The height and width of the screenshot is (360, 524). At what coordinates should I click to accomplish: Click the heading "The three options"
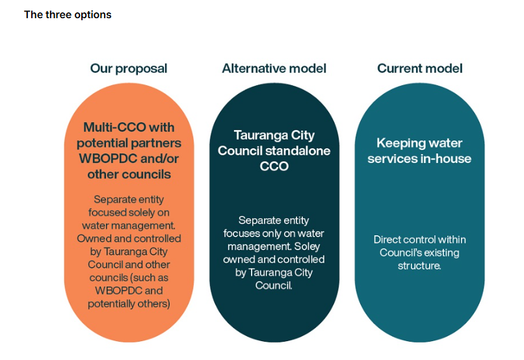(68, 14)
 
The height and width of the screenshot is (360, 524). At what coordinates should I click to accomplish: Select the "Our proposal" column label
(129, 68)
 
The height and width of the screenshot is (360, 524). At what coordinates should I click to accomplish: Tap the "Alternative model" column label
(274, 68)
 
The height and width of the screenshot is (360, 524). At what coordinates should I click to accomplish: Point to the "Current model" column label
(420, 68)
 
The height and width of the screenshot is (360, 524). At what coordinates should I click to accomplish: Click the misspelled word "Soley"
(311, 247)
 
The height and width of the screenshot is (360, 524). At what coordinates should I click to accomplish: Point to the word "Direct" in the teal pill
(388, 240)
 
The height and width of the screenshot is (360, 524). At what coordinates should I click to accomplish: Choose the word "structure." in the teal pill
(419, 266)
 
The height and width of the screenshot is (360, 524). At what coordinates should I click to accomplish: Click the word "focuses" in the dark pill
(241, 234)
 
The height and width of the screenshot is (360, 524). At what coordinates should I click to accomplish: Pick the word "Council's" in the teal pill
(400, 253)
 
